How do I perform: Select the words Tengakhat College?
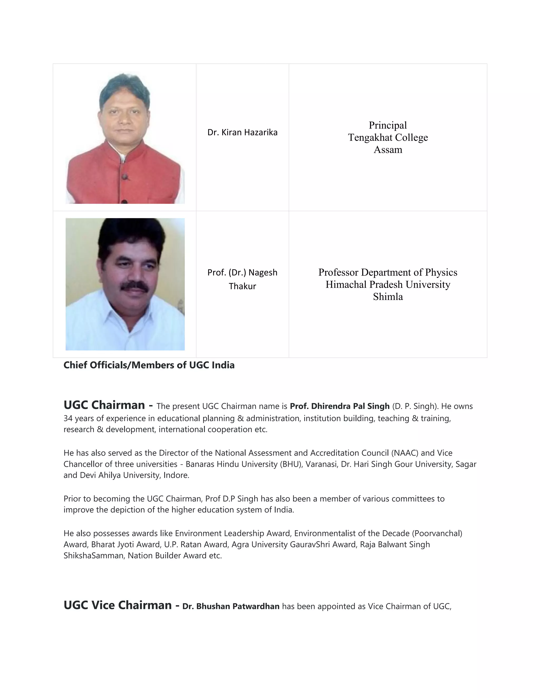pyautogui.click(x=388, y=137)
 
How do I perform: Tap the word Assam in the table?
pyautogui.click(x=388, y=150)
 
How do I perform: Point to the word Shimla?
pyautogui.click(x=388, y=297)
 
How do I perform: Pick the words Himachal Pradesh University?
pyautogui.click(x=388, y=284)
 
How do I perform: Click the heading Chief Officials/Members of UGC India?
pyautogui.click(x=149, y=365)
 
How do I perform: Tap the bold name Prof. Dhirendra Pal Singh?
pyautogui.click(x=339, y=406)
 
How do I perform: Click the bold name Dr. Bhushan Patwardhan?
pyautogui.click(x=231, y=606)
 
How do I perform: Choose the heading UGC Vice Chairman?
pyautogui.click(x=117, y=605)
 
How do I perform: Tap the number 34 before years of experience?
pyautogui.click(x=68, y=418)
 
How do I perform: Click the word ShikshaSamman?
pyautogui.click(x=93, y=556)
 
